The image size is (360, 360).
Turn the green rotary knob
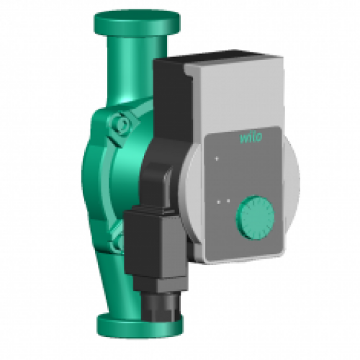(x=253, y=215)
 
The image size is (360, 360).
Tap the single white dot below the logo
(x=214, y=156)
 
